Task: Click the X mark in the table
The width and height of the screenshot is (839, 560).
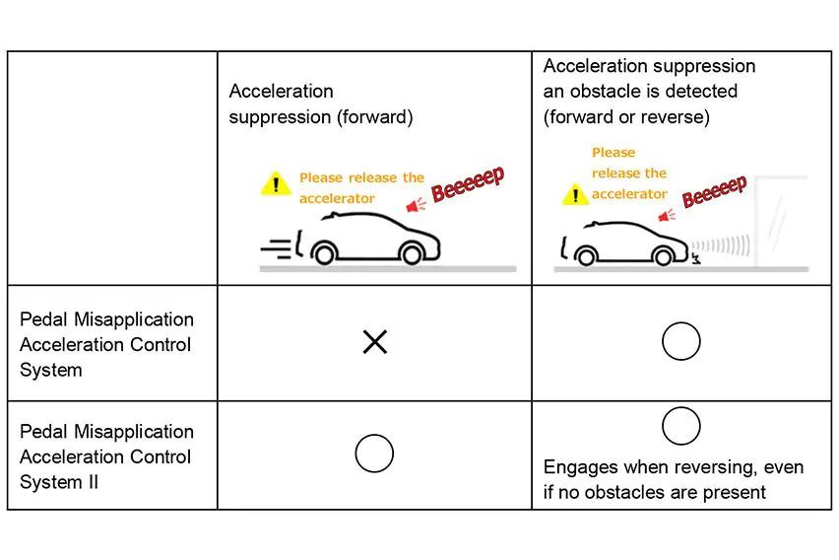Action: point(374,342)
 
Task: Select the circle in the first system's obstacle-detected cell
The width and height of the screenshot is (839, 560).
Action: point(680,342)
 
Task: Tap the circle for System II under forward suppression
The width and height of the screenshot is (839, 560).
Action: point(374,454)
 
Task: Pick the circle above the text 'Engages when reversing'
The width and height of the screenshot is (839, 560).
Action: point(680,426)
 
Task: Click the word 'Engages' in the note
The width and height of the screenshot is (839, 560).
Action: point(579,467)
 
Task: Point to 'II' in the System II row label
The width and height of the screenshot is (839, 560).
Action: point(92,482)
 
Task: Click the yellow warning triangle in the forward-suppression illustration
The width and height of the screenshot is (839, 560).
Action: point(276,183)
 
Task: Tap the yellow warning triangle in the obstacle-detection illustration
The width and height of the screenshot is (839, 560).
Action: point(575,194)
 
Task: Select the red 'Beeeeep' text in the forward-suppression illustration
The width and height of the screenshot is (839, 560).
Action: point(468,184)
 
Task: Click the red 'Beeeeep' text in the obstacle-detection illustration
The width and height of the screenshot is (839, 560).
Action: point(714,190)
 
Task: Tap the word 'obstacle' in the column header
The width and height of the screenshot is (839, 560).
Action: point(602,91)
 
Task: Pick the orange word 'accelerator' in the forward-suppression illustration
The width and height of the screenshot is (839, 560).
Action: point(337,198)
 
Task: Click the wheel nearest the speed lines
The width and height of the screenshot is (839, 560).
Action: point(323,255)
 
